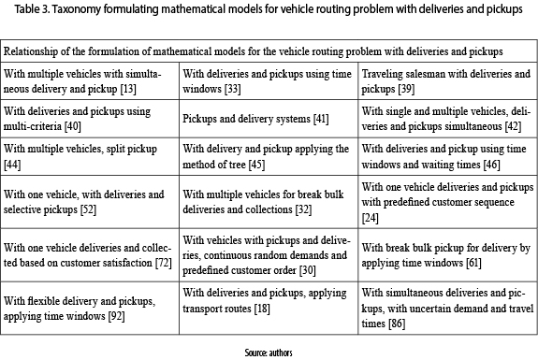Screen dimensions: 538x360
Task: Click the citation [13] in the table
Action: (128, 89)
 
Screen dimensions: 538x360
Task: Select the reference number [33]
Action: (233, 89)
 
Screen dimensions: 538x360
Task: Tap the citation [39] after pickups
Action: (407, 89)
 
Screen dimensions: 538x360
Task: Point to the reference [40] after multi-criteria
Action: (73, 126)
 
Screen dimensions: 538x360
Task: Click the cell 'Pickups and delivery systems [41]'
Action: (255, 119)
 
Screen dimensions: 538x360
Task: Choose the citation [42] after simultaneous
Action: (514, 126)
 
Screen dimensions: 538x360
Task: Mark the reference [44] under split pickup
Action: (12, 165)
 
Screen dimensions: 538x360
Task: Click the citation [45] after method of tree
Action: (256, 165)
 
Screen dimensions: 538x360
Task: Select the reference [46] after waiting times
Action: (491, 165)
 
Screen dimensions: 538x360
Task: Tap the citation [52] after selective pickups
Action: (88, 209)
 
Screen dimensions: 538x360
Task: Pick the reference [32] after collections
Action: (304, 209)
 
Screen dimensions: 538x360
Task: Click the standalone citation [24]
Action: (371, 218)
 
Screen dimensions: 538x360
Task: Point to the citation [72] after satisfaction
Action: (164, 263)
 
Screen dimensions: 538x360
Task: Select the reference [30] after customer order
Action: (308, 270)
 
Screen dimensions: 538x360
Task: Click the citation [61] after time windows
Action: (473, 263)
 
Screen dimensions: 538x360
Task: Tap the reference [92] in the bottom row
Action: (116, 316)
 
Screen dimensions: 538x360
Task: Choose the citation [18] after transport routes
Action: (262, 309)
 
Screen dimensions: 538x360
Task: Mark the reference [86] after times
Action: (397, 324)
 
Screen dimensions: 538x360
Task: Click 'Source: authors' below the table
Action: (269, 353)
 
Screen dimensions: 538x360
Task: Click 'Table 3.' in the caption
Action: (32, 9)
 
